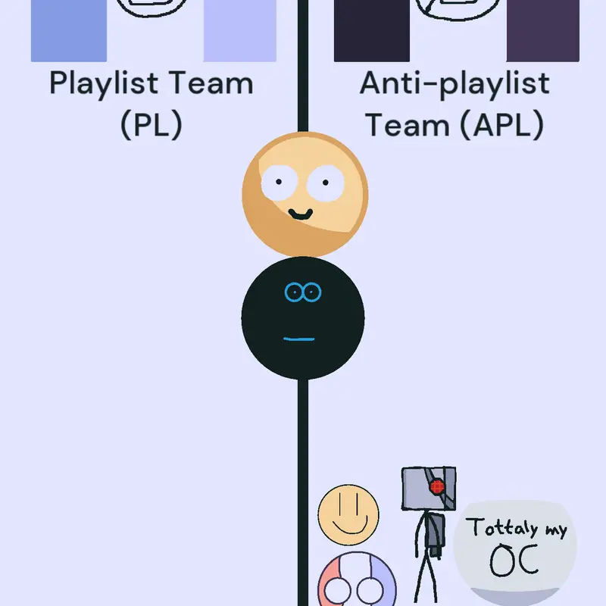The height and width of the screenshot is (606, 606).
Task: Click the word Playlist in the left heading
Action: tap(104, 84)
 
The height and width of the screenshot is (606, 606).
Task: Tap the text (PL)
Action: tap(151, 124)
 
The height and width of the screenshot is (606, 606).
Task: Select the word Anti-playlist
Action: tap(454, 84)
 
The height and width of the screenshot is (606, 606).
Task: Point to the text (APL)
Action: tap(502, 124)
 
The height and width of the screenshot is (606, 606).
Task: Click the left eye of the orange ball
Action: tap(279, 183)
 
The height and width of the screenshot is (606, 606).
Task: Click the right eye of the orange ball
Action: tap(326, 183)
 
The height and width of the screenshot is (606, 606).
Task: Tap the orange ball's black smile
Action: tap(301, 214)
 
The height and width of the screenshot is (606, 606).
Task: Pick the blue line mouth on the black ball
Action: tap(299, 339)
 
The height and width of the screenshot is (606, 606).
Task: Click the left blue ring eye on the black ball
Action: tap(294, 292)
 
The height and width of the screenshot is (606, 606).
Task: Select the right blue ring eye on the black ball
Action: tap(312, 292)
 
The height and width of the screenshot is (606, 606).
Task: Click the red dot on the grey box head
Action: tap(437, 486)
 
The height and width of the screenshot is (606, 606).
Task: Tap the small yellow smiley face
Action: tap(348, 515)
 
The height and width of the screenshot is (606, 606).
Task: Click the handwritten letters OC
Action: tap(514, 561)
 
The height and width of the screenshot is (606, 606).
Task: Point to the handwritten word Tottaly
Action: tap(501, 527)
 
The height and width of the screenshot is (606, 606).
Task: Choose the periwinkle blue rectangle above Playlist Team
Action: tap(69, 31)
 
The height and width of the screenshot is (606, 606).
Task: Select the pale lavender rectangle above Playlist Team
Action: tap(239, 31)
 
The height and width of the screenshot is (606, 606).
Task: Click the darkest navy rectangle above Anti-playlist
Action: tap(372, 31)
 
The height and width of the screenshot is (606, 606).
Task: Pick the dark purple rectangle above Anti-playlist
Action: tap(543, 31)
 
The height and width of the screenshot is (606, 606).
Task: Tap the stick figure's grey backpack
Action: tap(436, 536)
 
